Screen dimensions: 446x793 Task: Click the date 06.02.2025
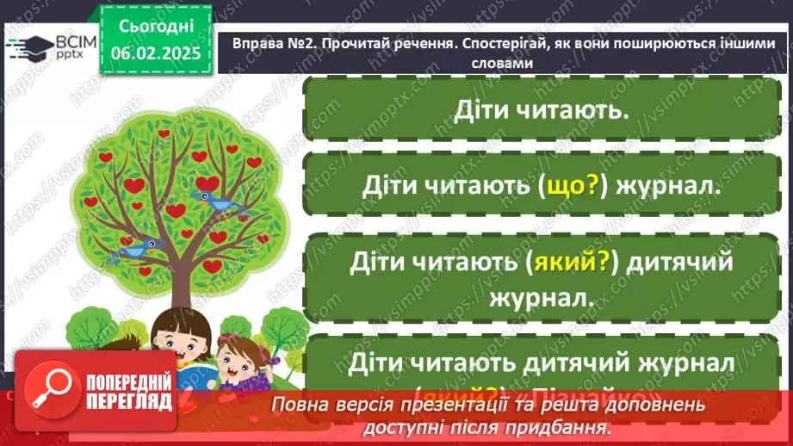point(156,52)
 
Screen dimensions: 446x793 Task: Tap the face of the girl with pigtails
point(232,353)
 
